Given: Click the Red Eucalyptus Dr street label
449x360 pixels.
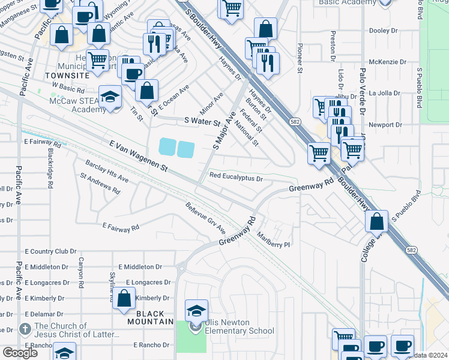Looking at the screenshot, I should [236, 178].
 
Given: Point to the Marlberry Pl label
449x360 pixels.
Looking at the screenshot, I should [274, 240].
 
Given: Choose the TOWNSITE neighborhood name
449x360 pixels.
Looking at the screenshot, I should [67, 76].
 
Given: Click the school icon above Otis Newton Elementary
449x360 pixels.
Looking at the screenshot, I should [196, 310].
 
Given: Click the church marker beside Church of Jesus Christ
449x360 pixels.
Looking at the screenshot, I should [25, 329].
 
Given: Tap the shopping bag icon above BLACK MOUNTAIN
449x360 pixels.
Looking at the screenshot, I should [124, 298].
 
